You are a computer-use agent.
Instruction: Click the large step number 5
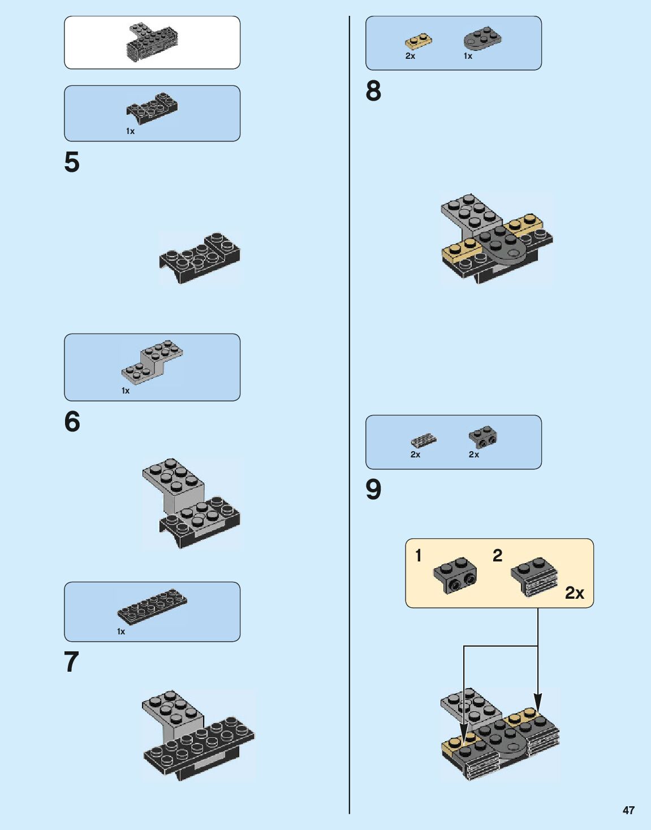pos(72,162)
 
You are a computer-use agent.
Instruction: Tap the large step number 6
pos(72,422)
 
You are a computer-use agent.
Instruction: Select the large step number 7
pos(71,662)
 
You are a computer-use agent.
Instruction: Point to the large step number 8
pos(373,91)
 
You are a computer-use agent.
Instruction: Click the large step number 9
pos(373,490)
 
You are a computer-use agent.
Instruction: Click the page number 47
pos(628,810)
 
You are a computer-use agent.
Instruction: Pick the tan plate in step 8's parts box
pos(419,41)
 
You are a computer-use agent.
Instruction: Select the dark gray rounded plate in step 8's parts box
pos(482,38)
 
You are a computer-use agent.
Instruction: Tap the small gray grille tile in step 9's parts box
pos(424,440)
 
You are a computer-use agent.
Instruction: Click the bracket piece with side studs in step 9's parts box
pos(482,437)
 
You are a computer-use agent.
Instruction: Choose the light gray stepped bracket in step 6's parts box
pos(152,362)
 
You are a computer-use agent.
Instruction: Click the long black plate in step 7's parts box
pos(152,606)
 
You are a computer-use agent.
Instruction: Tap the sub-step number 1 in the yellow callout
pos(419,556)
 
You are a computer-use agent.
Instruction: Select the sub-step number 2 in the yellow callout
pos(497,555)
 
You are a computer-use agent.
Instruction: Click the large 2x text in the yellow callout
pos(574,593)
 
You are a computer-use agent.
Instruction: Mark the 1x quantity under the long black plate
pos(121,632)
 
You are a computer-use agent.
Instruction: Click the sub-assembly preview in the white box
pos(152,42)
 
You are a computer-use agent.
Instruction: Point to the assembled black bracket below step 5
pos(200,258)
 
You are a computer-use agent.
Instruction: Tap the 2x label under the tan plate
pos(410,56)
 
